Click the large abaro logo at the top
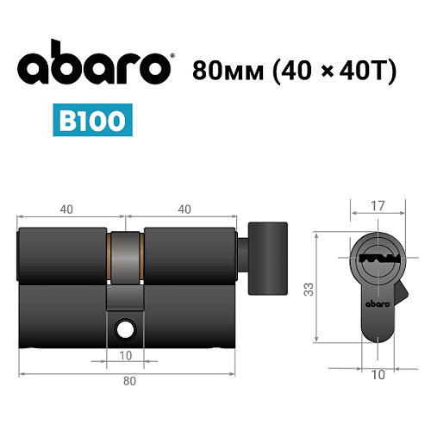[x=95, y=68]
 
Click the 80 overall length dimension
[x=127, y=380]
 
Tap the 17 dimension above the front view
[x=377, y=207]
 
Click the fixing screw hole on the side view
[x=127, y=328]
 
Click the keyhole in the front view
[x=376, y=257]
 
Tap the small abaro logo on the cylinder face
[x=376, y=304]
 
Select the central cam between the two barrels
[x=127, y=257]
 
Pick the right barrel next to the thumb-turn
[x=190, y=256]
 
